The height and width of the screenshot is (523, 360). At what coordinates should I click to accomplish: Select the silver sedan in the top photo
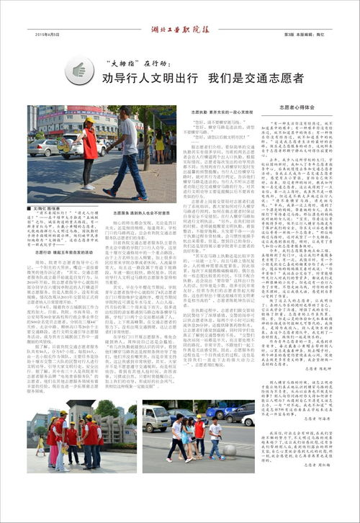click(x=45, y=148)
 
